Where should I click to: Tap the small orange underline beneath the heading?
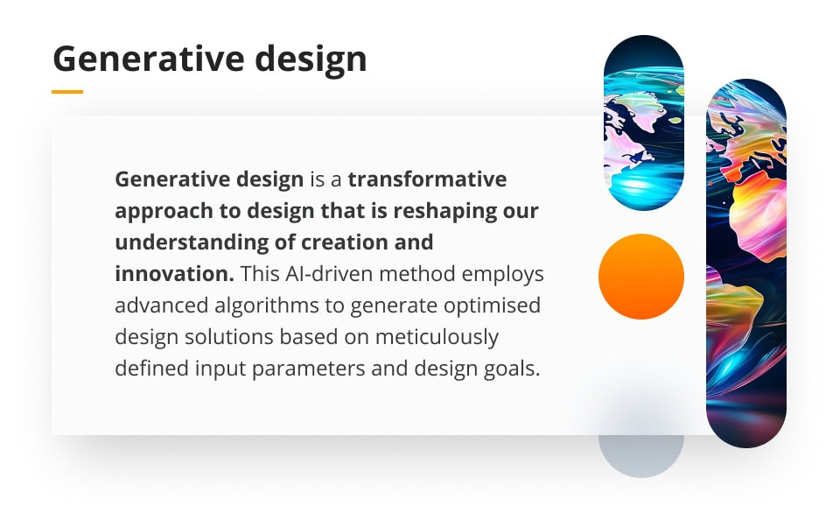pyautogui.click(x=67, y=91)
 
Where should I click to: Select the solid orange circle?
pyautogui.click(x=641, y=277)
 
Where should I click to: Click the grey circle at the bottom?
pyautogui.click(x=641, y=446)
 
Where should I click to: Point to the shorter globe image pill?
pyautogui.click(x=644, y=123)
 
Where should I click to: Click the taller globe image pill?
pyautogui.click(x=746, y=263)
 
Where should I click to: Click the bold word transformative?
pyautogui.click(x=427, y=179)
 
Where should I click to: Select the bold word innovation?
pyautogui.click(x=172, y=274)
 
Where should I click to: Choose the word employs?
pyautogui.click(x=507, y=274)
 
